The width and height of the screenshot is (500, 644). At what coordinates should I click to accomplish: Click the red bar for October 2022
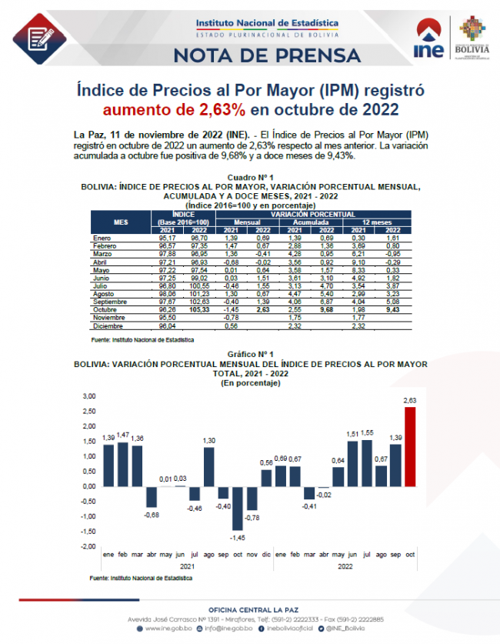pyautogui.click(x=409, y=446)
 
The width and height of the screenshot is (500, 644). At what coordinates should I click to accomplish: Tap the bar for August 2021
pyautogui.click(x=208, y=466)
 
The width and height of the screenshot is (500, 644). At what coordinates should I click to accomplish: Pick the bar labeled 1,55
pyautogui.click(x=366, y=462)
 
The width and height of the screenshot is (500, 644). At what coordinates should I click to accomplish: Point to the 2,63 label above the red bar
pyautogui.click(x=409, y=400)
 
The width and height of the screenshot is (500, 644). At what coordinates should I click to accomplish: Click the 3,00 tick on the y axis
pyautogui.click(x=89, y=395)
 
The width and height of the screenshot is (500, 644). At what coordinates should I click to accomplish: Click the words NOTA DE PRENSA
pyautogui.click(x=266, y=55)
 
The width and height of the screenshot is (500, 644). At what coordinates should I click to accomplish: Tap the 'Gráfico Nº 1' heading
pyautogui.click(x=250, y=354)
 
